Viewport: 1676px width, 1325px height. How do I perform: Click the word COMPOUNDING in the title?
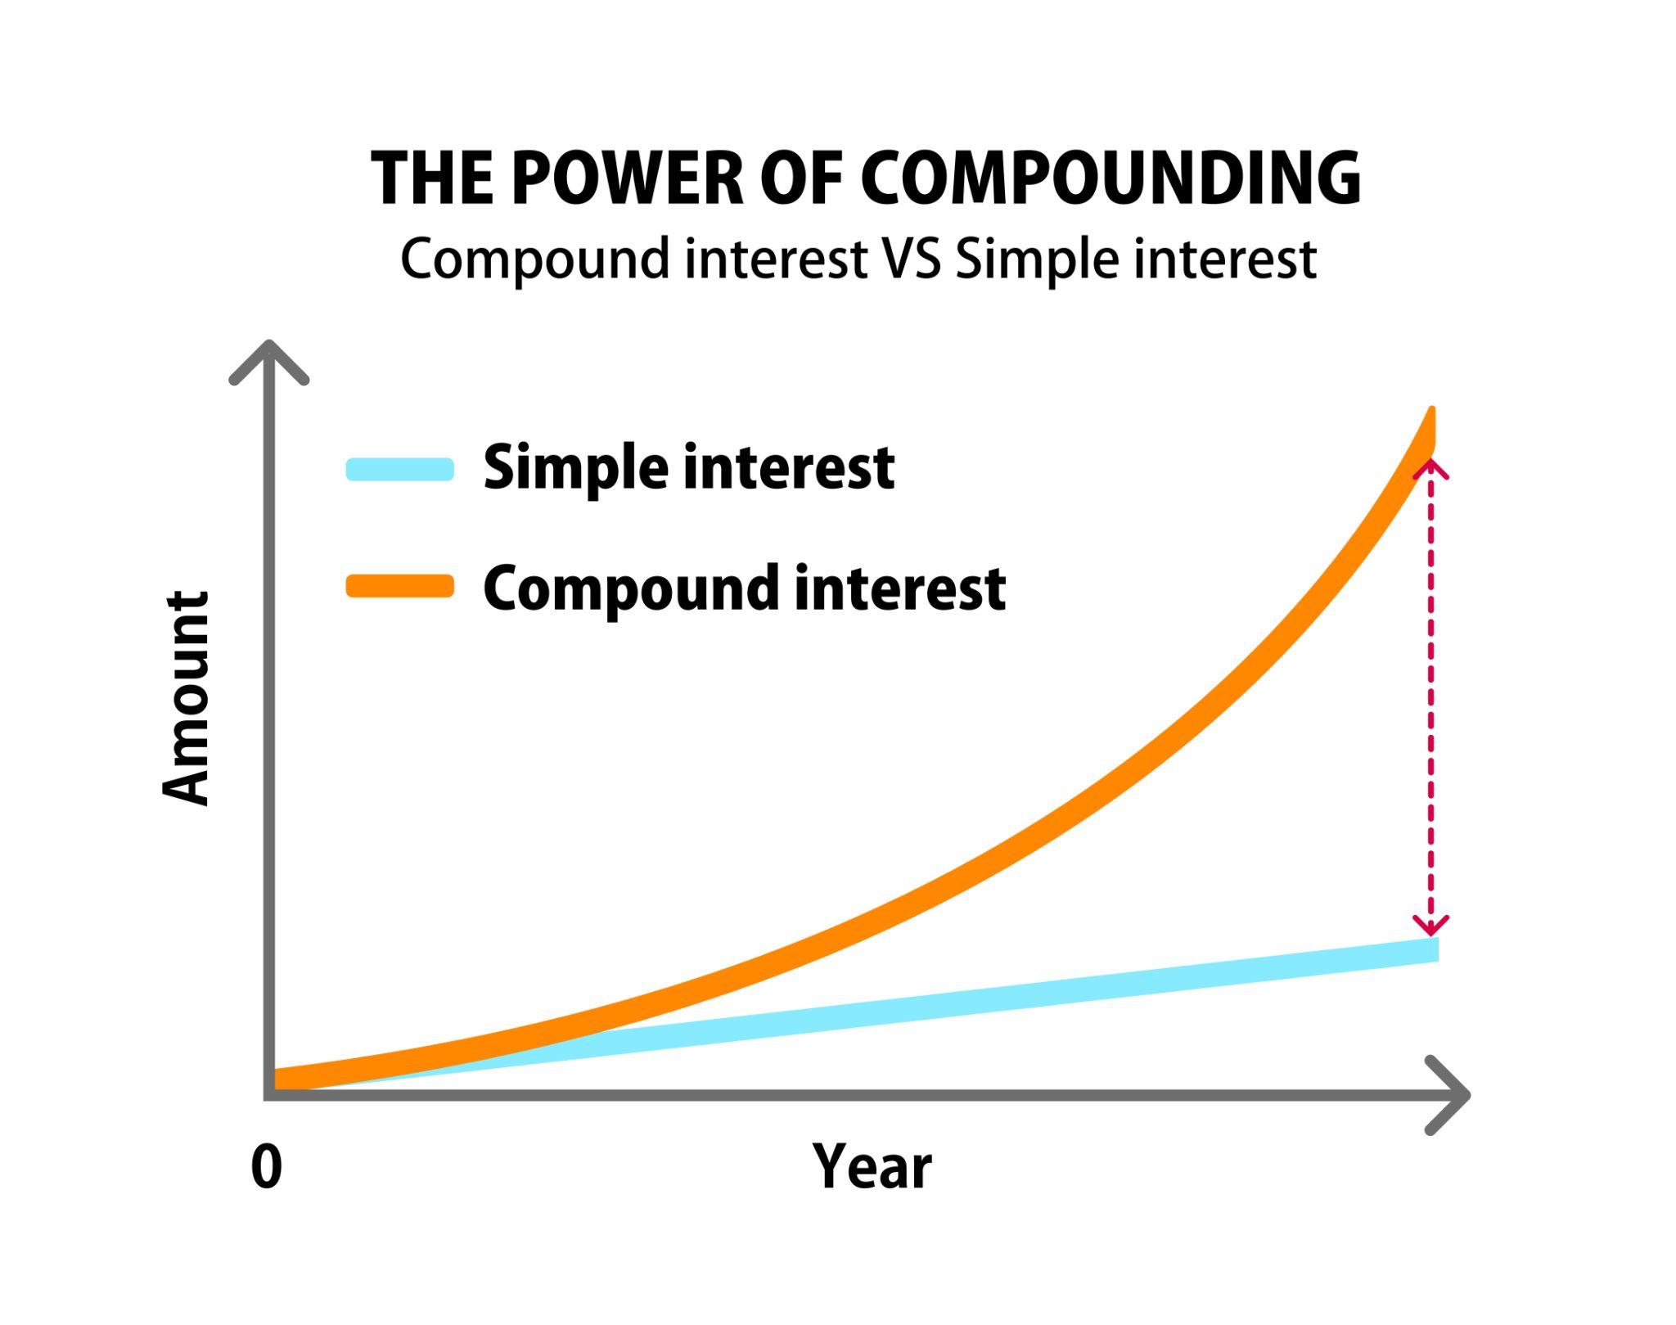point(1111,178)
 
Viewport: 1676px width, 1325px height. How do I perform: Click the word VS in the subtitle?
point(910,259)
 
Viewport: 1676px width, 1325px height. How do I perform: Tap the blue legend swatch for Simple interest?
point(400,469)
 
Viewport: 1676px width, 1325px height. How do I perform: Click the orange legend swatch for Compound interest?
point(400,586)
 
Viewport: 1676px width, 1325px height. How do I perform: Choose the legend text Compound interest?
point(744,588)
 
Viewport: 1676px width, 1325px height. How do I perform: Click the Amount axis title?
point(186,698)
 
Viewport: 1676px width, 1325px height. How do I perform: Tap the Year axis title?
point(872,1167)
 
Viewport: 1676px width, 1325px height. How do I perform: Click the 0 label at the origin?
point(267,1167)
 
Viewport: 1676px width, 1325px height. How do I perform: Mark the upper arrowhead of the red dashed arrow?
point(1430,468)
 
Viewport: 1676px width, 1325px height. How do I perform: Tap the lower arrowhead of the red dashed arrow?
point(1430,927)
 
